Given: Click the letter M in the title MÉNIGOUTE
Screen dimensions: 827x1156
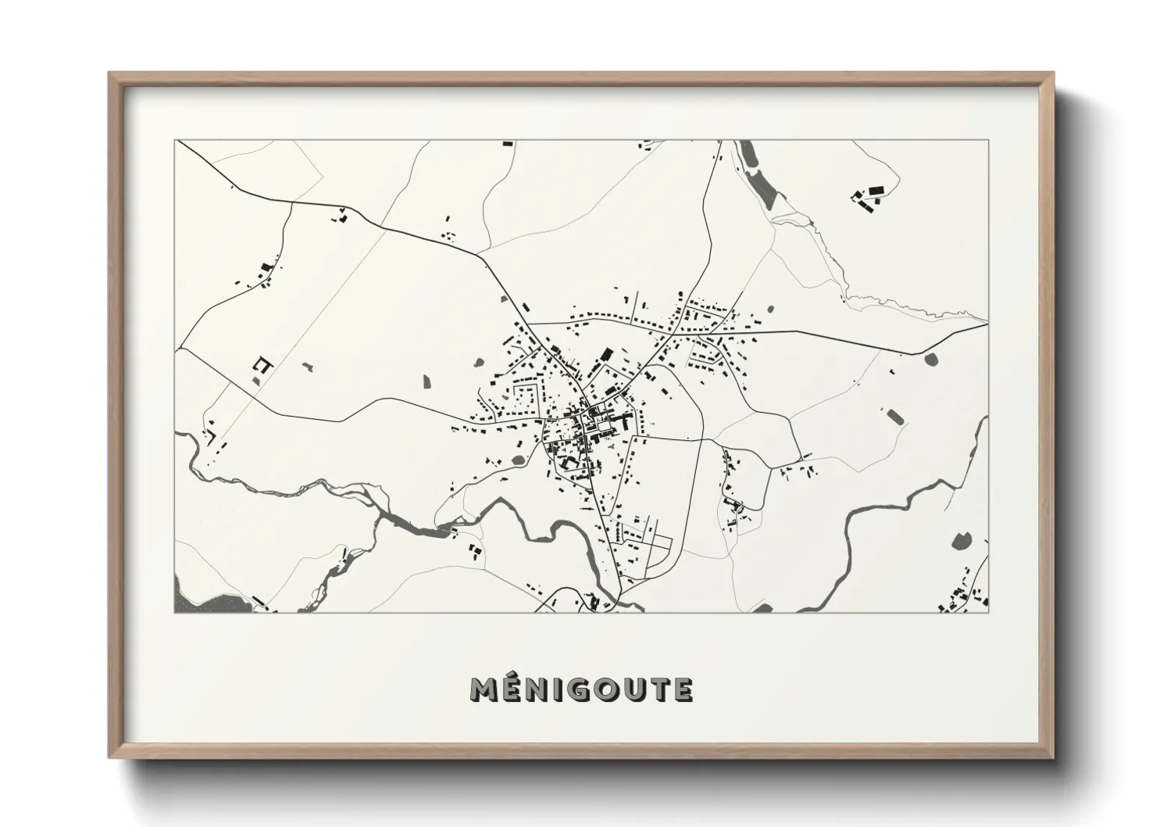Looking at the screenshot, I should pyautogui.click(x=484, y=689).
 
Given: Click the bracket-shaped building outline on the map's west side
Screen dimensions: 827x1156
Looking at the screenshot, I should pyautogui.click(x=262, y=365).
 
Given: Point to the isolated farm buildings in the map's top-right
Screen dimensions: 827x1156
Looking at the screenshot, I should pyautogui.click(x=867, y=198).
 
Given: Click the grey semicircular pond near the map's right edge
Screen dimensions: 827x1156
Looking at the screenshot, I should pyautogui.click(x=931, y=359).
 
